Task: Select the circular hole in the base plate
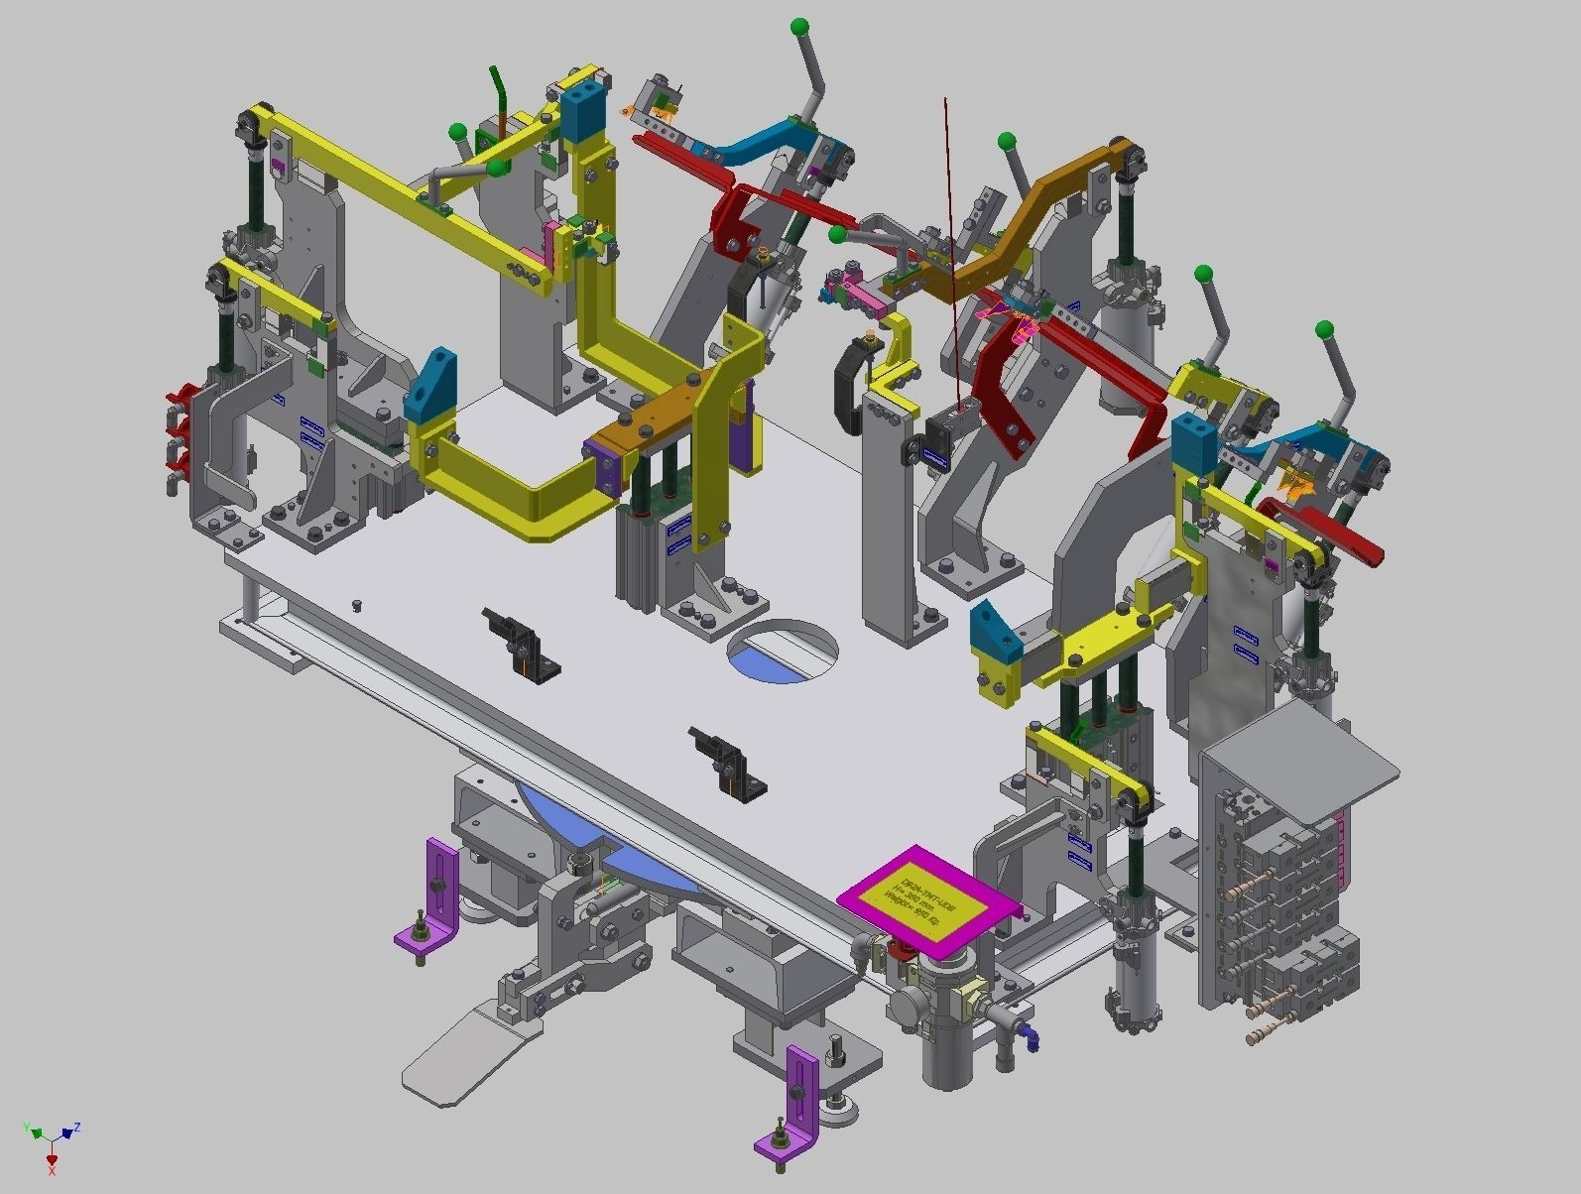[783, 650]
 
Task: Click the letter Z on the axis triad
[77, 1128]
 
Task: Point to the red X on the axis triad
[52, 1171]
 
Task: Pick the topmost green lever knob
[799, 27]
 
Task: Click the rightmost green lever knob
[1324, 329]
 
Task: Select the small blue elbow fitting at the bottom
[1033, 1039]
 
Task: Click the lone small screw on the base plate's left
[357, 604]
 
